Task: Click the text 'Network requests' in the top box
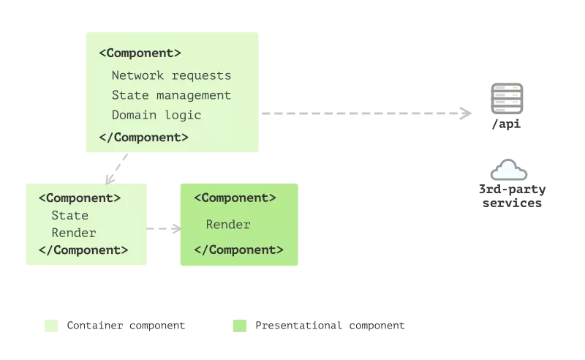(171, 75)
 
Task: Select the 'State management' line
(171, 95)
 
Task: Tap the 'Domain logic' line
(156, 115)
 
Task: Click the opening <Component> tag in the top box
(140, 53)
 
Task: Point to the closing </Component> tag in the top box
(143, 137)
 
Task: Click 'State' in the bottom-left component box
(69, 215)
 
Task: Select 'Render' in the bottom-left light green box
(73, 233)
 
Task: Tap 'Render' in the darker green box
(228, 225)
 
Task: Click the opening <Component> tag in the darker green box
(235, 198)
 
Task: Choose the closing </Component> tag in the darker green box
(238, 250)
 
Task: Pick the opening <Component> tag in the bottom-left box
(80, 198)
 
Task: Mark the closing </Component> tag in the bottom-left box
(83, 250)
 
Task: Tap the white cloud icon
(510, 171)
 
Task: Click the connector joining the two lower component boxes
(164, 228)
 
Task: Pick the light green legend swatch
(50, 326)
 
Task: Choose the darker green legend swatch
(238, 326)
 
